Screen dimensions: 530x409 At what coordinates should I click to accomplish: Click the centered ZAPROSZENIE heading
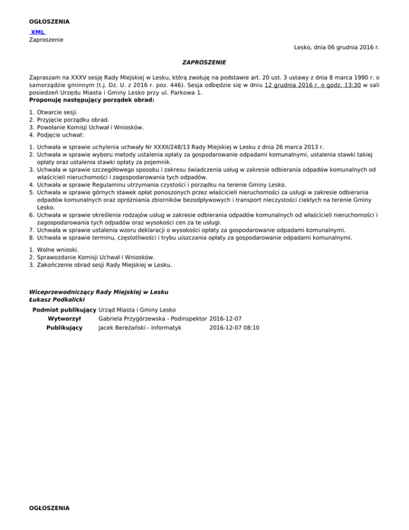tap(204, 62)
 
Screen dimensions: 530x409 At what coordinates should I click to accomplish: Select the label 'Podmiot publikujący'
tap(64, 310)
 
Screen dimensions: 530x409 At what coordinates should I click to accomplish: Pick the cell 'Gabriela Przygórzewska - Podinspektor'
tap(153, 319)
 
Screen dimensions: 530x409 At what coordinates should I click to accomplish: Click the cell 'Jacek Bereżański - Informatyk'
tap(140, 328)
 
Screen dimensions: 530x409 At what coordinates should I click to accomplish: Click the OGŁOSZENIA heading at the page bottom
tap(49, 508)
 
